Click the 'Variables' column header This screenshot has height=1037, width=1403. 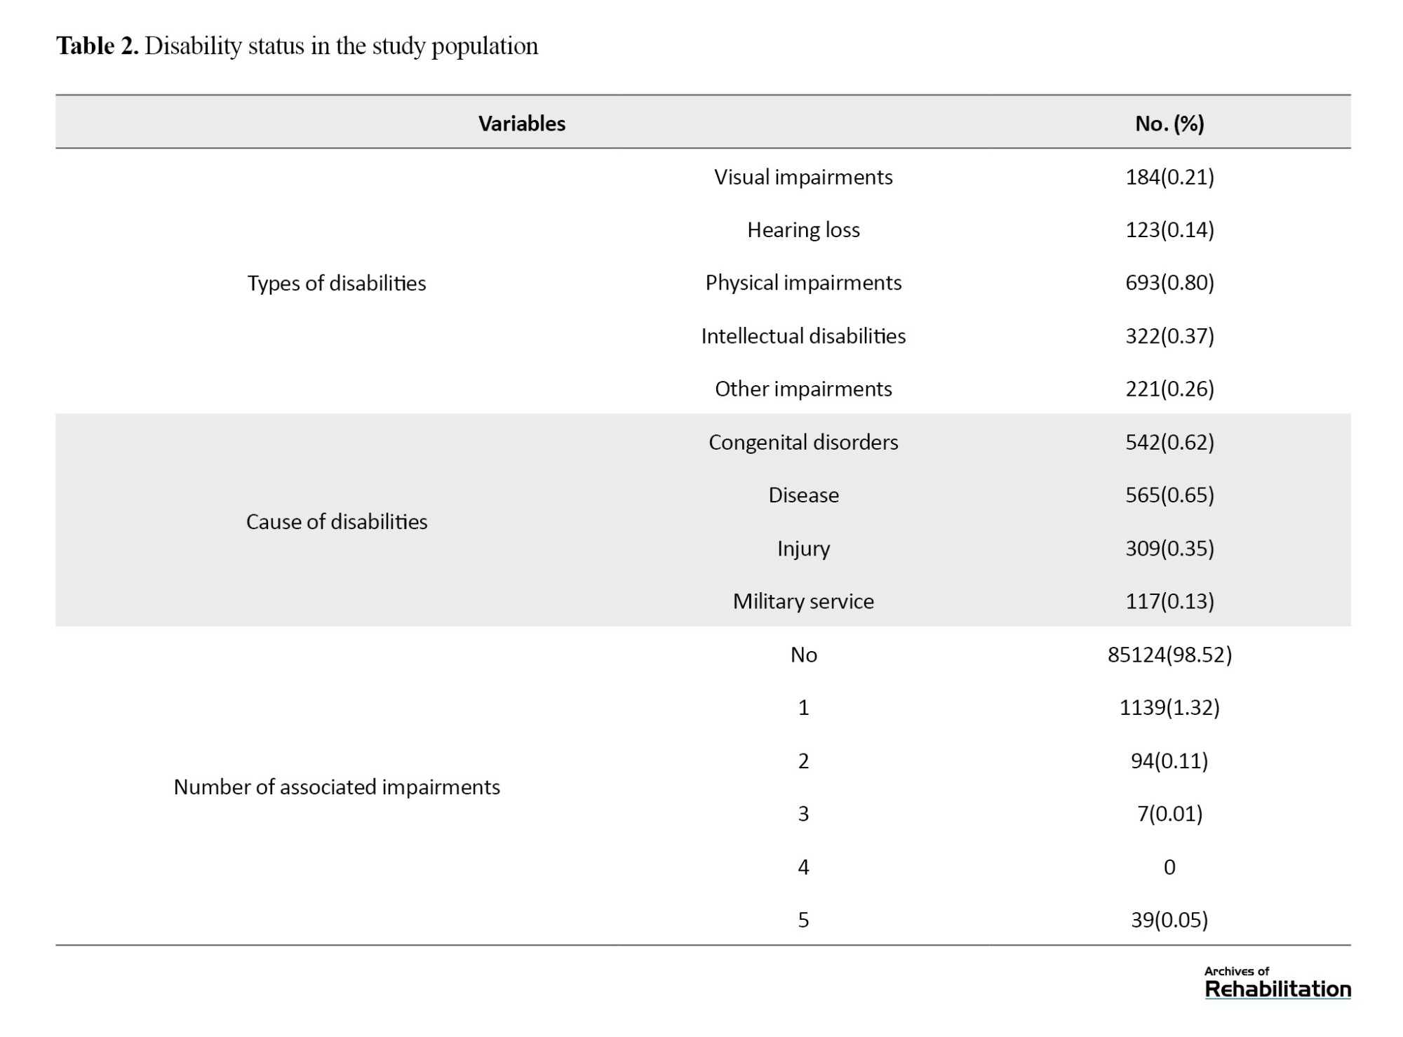522,123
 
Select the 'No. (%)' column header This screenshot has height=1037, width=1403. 1169,123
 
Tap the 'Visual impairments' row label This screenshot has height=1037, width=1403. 803,177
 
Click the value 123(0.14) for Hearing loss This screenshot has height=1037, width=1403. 1169,229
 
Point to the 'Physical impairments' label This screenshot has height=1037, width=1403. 803,283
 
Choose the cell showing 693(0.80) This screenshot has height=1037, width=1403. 1169,283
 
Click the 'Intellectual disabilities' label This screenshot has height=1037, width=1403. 803,336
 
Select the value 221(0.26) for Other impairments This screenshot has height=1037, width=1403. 1169,389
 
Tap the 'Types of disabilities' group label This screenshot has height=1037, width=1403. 337,283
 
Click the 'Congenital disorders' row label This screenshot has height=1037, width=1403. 803,442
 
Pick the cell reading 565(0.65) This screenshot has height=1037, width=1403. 1169,495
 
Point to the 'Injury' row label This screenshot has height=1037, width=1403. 803,548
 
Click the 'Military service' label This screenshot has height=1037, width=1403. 803,601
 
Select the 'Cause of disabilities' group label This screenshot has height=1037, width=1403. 337,522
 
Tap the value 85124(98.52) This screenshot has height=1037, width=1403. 1169,655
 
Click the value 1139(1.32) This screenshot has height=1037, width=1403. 1169,707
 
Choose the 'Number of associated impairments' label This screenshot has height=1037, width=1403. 337,787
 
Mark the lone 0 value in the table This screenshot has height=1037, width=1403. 1169,867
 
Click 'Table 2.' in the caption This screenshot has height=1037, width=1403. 97,46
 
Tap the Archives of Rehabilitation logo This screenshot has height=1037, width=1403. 1277,983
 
